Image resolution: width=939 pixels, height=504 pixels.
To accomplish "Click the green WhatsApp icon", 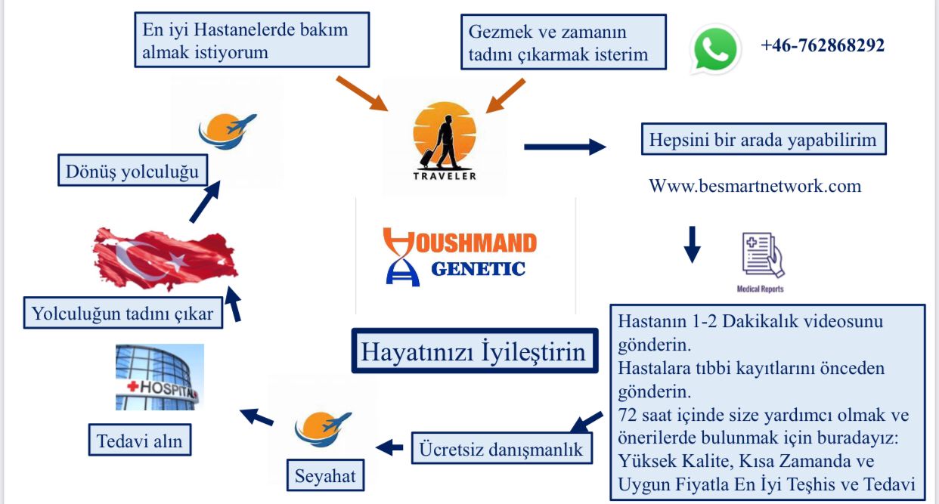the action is coord(715,49).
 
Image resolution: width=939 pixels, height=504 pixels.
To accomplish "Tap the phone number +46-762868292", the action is coord(823,45).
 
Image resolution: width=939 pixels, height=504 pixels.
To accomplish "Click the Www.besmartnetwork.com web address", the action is coord(755,186).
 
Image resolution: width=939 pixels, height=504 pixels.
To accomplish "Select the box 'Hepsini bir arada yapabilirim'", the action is coord(764,139).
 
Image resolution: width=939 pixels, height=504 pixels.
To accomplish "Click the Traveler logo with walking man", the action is coord(445,141).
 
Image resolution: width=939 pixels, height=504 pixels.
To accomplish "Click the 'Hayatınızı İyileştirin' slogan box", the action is coord(475,351).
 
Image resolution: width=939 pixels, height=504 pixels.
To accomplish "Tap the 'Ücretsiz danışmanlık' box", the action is coord(502,449).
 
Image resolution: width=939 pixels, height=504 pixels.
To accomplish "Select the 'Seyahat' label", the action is coord(325,475).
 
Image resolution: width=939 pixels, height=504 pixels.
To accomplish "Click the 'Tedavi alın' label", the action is coord(140,440).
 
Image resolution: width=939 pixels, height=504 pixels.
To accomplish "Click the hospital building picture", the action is coord(160,377).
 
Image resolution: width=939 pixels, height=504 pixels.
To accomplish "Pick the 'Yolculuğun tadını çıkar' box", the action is coord(122,313).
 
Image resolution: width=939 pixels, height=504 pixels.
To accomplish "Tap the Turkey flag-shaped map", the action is coord(166,259).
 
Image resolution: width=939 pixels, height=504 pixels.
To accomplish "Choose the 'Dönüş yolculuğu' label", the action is coord(132,171).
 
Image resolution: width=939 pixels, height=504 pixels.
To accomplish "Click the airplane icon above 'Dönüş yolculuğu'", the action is coord(228,131).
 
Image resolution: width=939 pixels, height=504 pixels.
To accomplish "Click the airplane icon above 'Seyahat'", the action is coord(323,428).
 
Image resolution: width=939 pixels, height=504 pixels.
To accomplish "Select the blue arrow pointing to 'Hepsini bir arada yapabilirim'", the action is coord(565,147).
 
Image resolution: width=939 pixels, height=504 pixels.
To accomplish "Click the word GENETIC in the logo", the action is coord(479,269).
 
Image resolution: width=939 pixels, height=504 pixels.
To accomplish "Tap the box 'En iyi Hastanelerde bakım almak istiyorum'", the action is coord(252,40).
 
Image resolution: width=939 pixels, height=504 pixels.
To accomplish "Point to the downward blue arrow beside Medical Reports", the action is coord(692,245).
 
